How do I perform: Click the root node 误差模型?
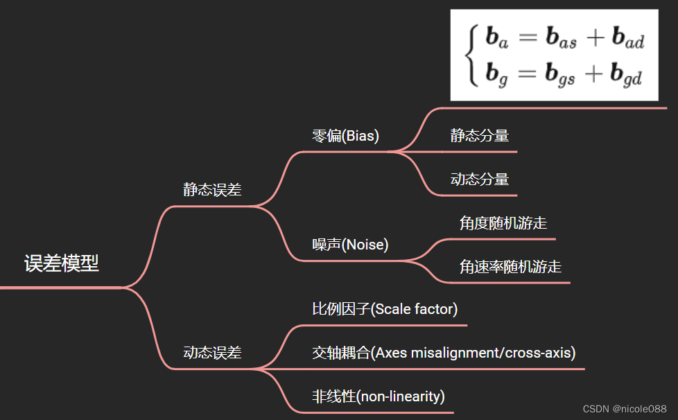(x=62, y=264)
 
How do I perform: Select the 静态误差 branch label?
(x=212, y=190)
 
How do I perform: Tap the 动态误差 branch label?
(x=212, y=353)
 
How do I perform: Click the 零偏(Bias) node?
(x=345, y=136)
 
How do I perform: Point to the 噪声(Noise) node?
(x=350, y=245)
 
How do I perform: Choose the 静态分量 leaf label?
(x=480, y=136)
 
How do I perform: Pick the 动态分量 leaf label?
(x=480, y=180)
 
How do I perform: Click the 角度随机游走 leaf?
(x=503, y=223)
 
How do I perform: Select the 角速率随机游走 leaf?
(x=510, y=267)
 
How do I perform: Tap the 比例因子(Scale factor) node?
(x=385, y=309)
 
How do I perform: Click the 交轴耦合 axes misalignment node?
(x=444, y=353)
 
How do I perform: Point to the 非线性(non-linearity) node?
(x=378, y=396)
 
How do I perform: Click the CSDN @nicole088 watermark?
(x=625, y=410)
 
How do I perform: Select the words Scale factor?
(x=415, y=309)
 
